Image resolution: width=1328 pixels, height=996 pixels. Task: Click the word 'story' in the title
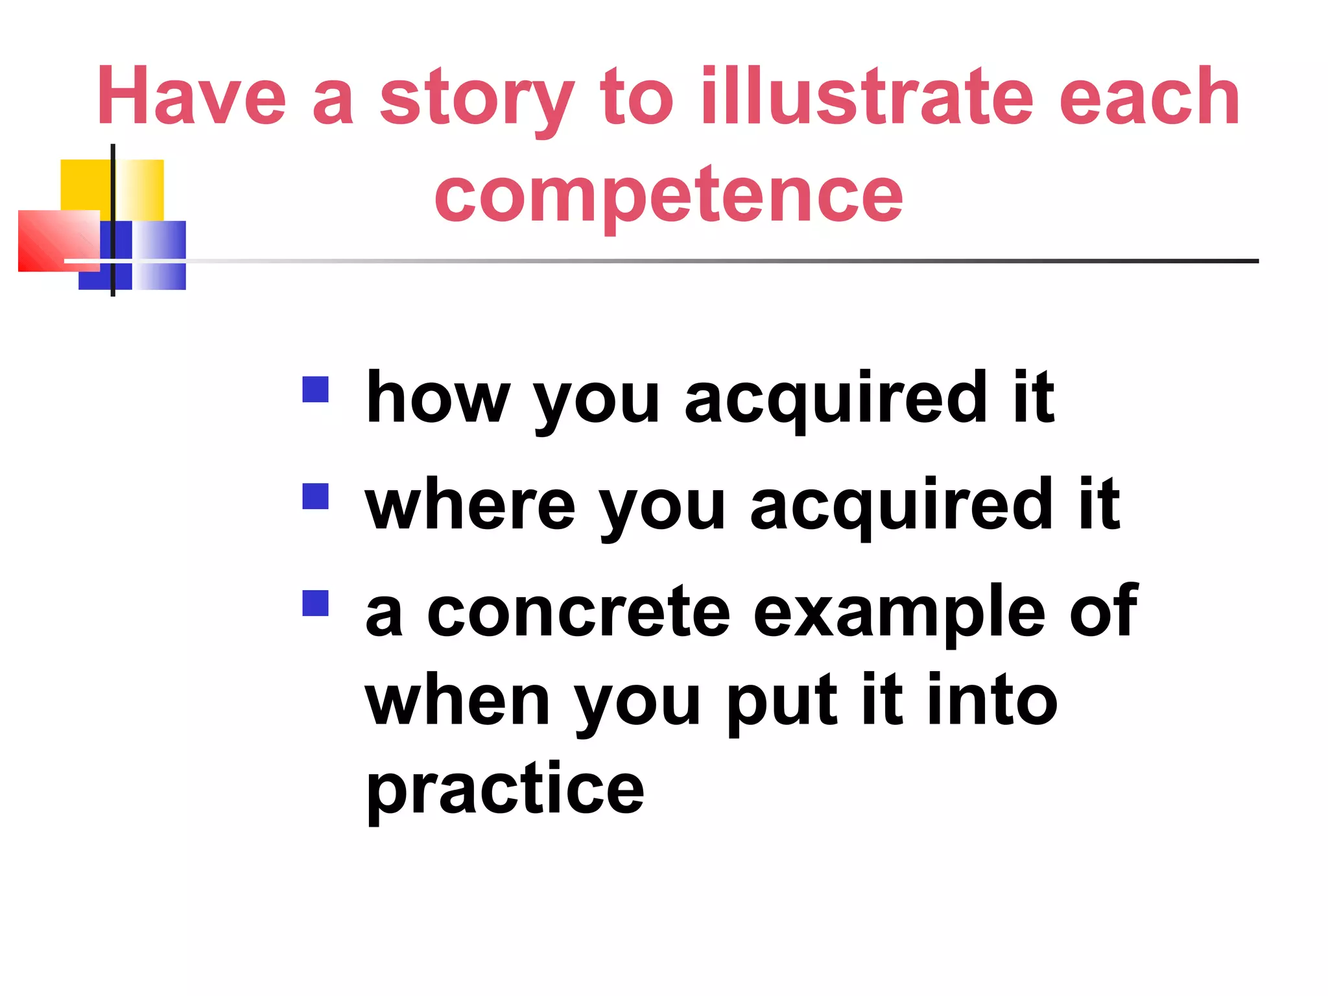tap(477, 99)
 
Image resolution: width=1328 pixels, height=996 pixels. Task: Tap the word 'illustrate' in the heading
tap(866, 97)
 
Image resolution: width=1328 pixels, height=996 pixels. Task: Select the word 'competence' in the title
tap(669, 195)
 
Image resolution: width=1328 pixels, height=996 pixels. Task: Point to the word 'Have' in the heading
tap(192, 97)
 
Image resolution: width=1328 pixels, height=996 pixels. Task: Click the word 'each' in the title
tap(1149, 97)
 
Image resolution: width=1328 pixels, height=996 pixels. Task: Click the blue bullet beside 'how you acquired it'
tap(316, 390)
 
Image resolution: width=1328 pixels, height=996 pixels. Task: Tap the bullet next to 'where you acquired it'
tap(316, 497)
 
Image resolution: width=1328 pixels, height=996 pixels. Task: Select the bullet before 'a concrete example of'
tap(316, 603)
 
